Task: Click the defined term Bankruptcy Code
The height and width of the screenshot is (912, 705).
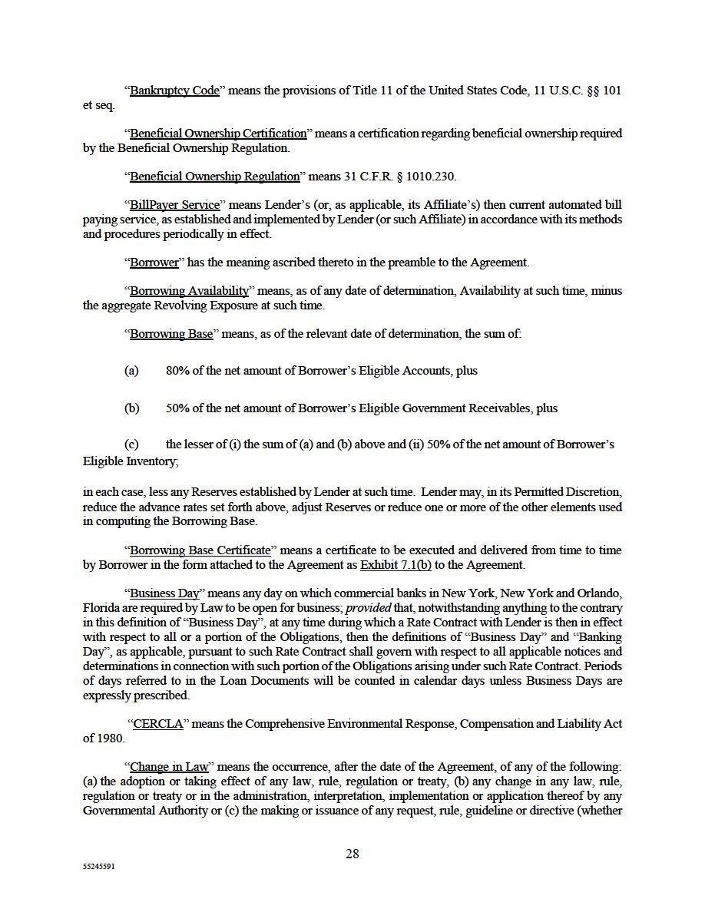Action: point(174,91)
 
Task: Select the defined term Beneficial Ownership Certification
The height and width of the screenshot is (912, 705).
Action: point(218,134)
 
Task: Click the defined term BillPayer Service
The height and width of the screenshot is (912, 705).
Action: point(175,205)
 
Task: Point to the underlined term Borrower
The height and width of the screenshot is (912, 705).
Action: point(154,263)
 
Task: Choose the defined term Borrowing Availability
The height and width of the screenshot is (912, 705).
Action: point(190,291)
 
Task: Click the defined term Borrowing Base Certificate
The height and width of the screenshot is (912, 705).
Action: point(200,550)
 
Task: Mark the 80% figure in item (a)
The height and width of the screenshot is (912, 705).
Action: point(177,371)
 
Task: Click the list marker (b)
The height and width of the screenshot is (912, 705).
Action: point(131,408)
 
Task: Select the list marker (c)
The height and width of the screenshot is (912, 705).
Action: point(131,444)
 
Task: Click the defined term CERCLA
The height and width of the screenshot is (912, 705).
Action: point(158,724)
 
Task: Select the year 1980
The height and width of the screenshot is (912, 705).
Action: point(110,739)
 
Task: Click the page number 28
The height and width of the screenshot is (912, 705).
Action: point(352,854)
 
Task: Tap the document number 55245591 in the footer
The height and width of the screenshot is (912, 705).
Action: point(99,865)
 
